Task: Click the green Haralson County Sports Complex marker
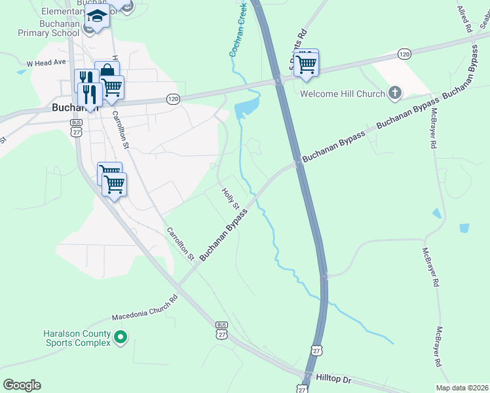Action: pyautogui.click(x=120, y=338)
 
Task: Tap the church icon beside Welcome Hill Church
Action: pyautogui.click(x=394, y=94)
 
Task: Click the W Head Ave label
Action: pyautogui.click(x=47, y=63)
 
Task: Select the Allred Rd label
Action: pyautogui.click(x=464, y=20)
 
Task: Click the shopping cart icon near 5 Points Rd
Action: pyautogui.click(x=306, y=64)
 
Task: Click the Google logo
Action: pyautogui.click(x=22, y=385)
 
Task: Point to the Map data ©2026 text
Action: pyautogui.click(x=461, y=388)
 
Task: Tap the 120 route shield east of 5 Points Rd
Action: pyautogui.click(x=404, y=53)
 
